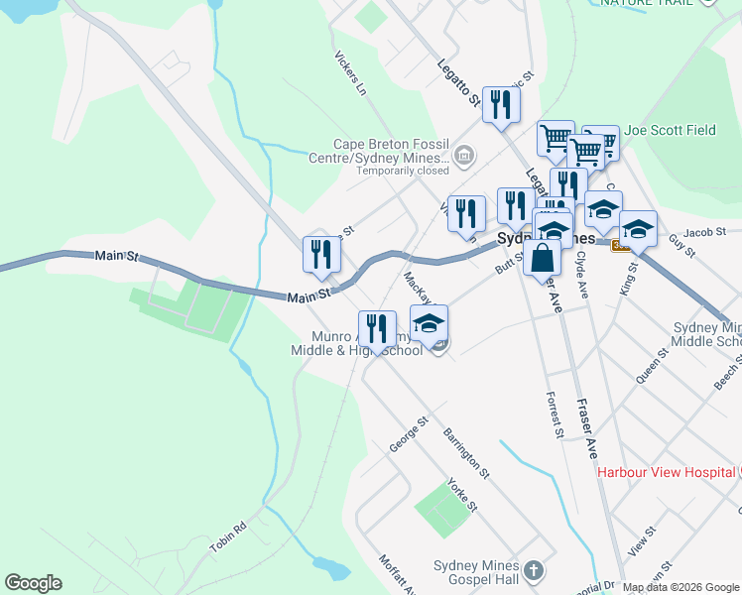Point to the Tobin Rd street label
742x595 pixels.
227,538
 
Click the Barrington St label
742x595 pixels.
466,452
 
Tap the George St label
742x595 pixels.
408,435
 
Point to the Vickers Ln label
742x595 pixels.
351,73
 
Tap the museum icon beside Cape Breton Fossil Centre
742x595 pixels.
463,155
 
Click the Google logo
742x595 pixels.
33,583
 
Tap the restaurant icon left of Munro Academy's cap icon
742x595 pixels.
377,327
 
